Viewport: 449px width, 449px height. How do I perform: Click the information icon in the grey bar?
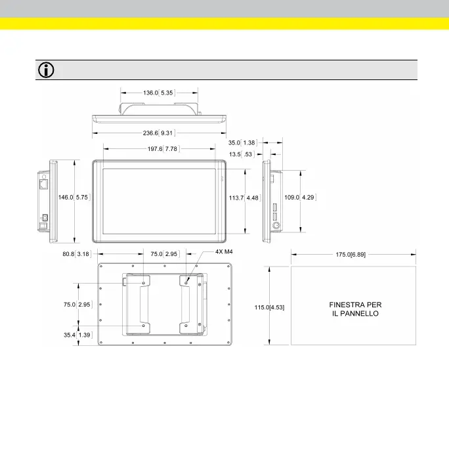click(47, 70)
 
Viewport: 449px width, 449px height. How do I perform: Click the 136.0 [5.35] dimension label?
click(158, 93)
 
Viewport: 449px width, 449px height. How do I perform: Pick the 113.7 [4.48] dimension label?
click(247, 196)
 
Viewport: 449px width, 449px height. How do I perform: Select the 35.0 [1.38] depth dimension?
click(242, 142)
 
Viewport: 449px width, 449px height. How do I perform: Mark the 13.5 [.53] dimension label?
click(242, 154)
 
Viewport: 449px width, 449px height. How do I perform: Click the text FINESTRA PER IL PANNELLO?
click(354, 309)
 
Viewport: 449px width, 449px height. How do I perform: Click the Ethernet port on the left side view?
click(43, 184)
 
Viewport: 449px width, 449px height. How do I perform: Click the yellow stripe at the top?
click(224, 24)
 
